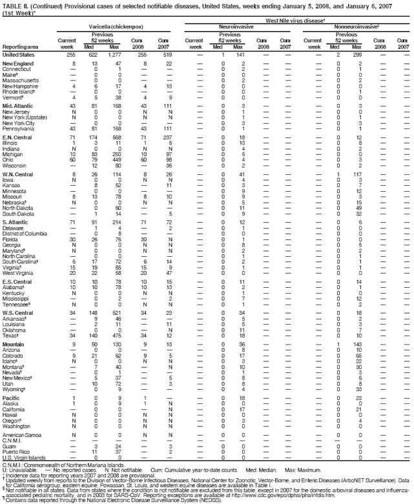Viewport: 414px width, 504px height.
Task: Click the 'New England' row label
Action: pyautogui.click(x=18, y=65)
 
